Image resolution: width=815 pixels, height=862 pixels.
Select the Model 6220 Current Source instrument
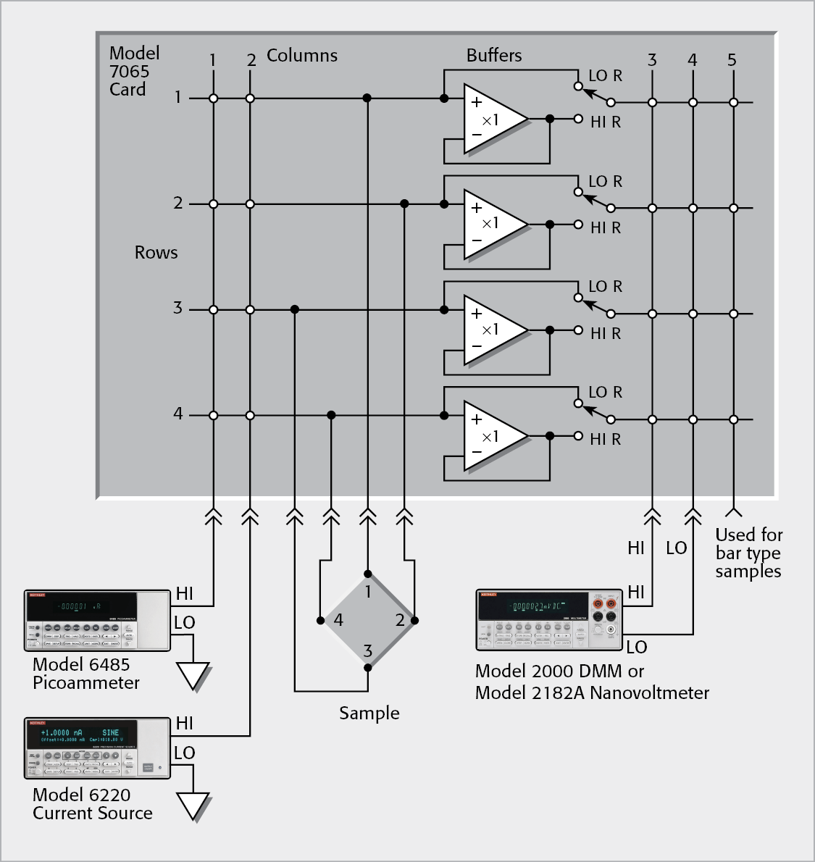point(97,749)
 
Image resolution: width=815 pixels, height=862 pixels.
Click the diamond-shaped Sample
point(368,620)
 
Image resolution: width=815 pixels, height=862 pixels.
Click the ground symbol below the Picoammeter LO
point(193,676)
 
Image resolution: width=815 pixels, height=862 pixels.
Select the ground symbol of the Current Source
point(193,805)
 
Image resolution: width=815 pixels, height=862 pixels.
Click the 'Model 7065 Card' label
point(133,71)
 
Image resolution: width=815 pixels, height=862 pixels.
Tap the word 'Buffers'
point(494,56)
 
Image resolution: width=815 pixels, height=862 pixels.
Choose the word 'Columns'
point(302,56)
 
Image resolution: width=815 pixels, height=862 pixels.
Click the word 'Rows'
point(156,253)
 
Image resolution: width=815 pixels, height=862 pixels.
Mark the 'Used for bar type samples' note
point(748,553)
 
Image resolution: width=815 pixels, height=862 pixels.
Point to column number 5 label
point(732,60)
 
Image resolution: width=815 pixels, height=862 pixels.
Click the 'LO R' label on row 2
point(605,181)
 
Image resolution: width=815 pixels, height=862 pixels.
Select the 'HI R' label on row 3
point(605,333)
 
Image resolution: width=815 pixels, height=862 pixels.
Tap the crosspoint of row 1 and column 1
point(213,99)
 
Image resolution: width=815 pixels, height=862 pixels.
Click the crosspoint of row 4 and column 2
point(250,416)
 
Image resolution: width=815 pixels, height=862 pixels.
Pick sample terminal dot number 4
point(320,620)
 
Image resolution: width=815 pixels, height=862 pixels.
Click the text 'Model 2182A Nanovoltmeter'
point(592,693)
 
